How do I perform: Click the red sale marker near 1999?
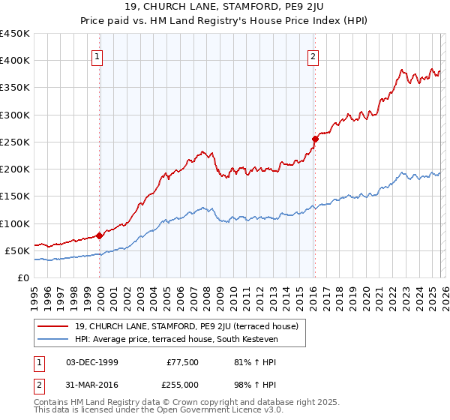point(100,235)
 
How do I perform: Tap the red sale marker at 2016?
point(314,139)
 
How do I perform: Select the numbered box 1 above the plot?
point(99,55)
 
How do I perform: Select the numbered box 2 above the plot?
point(313,55)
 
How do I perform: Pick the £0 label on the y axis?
point(22,277)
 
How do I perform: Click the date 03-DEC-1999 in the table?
point(92,362)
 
